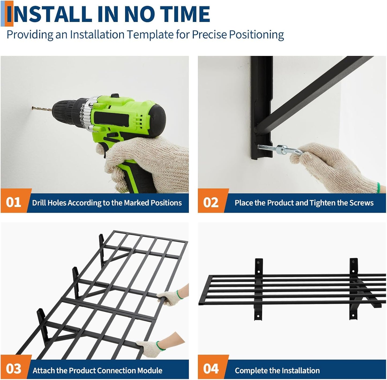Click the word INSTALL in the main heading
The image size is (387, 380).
pos(49,14)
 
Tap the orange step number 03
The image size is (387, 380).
pos(13,368)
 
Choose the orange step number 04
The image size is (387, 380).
pos(211,368)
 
